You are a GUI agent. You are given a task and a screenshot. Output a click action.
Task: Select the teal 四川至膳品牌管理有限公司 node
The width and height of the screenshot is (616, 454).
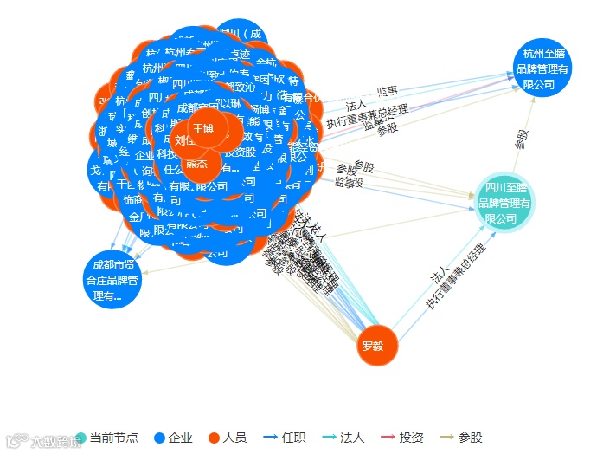[506, 203]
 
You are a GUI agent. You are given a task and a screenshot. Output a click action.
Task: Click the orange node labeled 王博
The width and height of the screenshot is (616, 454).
[203, 128]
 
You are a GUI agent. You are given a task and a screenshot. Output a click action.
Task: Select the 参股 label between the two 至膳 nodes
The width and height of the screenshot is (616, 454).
[522, 139]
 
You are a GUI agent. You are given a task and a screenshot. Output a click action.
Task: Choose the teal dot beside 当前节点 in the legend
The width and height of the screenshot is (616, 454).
[80, 438]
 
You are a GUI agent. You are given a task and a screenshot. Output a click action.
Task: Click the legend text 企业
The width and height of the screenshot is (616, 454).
[180, 438]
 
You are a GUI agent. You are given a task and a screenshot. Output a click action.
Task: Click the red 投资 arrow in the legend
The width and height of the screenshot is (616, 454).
[388, 438]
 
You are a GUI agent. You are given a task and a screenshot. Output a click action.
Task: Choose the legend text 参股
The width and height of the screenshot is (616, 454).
[470, 438]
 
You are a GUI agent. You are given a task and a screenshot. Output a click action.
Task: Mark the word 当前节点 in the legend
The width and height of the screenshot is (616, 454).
[114, 438]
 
